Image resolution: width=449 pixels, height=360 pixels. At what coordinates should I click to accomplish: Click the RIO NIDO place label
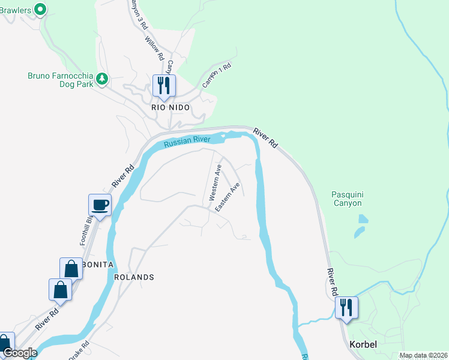click(170, 107)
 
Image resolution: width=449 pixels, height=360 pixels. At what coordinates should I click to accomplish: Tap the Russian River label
click(188, 141)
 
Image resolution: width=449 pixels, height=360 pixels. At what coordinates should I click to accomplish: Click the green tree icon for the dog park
click(102, 78)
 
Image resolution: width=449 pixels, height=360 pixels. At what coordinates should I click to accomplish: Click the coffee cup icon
click(100, 205)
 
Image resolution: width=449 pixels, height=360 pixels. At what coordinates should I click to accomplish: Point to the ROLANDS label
click(134, 277)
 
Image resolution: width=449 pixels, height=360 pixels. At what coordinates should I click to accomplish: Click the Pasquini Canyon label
click(347, 199)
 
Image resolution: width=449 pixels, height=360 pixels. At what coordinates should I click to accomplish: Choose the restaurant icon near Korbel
click(346, 308)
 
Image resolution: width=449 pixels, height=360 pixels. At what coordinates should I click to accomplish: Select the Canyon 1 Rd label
click(217, 76)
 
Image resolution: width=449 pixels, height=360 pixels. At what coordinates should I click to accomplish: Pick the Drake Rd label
click(79, 350)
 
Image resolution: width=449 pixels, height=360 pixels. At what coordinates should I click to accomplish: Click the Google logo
click(20, 353)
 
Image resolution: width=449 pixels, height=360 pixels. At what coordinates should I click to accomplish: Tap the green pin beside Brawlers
click(40, 9)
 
